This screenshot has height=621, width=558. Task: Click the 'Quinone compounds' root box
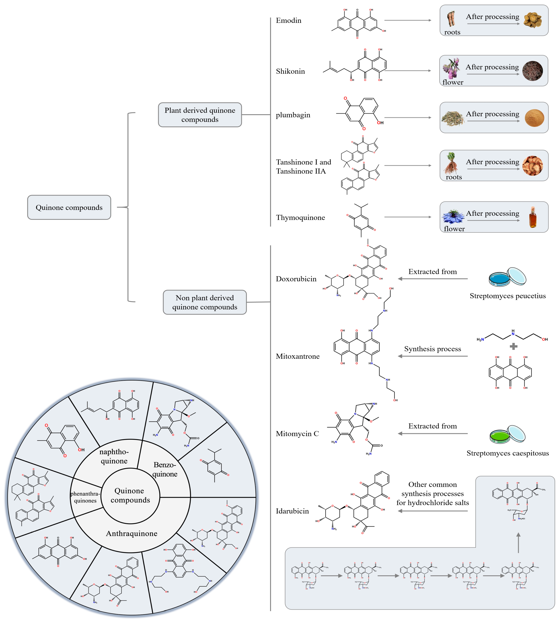coord(69,207)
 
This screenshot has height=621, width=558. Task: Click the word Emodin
coord(288,21)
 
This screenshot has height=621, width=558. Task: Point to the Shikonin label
coord(290,71)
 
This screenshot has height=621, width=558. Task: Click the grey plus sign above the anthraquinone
coord(513,347)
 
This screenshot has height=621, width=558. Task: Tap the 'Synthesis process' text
coord(432,349)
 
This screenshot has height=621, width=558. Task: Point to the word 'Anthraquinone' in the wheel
coord(131,533)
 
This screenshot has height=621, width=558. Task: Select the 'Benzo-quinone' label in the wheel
coord(165,469)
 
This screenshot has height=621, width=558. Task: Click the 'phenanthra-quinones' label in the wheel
coord(85,497)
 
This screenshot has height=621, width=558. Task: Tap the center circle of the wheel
coord(130,495)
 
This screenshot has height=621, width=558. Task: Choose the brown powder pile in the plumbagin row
coord(534,118)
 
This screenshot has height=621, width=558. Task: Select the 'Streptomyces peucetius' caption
coord(507,296)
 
